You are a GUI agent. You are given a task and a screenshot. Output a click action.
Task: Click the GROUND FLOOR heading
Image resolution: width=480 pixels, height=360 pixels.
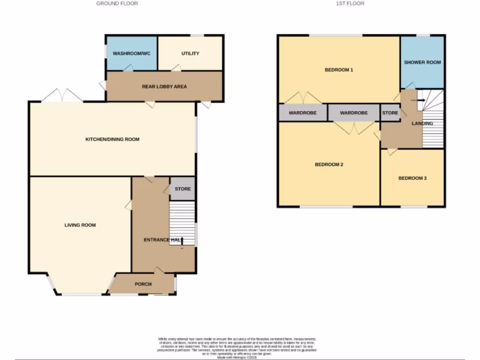(117, 3)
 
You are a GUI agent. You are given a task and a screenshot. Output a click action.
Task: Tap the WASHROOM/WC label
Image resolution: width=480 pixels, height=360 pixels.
(132, 53)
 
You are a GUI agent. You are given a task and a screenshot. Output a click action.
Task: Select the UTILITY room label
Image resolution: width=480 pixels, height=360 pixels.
(190, 53)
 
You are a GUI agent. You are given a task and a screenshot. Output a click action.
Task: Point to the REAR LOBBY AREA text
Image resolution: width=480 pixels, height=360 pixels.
(165, 86)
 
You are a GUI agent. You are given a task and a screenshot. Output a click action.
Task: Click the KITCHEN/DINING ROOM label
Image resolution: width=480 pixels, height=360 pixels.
(112, 139)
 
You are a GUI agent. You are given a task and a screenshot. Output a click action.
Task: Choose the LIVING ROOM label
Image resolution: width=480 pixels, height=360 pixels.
(80, 225)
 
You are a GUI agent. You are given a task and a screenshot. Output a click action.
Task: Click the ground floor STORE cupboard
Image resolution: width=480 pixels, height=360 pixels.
(183, 189)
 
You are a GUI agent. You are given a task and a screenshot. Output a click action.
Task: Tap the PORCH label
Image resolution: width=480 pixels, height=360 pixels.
(143, 284)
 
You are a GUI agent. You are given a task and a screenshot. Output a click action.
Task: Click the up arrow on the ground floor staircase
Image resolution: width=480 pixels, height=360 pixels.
(182, 240)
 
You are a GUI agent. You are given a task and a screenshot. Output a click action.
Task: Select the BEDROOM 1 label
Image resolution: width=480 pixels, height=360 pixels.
(339, 70)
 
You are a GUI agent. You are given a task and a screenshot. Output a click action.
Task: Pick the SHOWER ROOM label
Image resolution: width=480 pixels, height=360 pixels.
(422, 62)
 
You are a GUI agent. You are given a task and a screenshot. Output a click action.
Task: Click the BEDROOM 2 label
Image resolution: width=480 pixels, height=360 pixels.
(329, 165)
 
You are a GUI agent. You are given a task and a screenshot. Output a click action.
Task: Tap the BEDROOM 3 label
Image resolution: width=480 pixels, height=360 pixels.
(412, 178)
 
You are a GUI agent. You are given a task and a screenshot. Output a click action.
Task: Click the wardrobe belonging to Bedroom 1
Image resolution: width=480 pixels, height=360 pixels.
(302, 113)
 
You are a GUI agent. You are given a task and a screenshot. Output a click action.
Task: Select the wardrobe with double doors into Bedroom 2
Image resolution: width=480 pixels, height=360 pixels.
(353, 113)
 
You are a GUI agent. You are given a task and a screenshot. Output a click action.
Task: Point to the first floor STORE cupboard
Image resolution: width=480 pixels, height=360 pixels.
(390, 113)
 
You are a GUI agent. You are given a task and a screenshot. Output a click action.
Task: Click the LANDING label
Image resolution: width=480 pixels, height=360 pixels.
(422, 123)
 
